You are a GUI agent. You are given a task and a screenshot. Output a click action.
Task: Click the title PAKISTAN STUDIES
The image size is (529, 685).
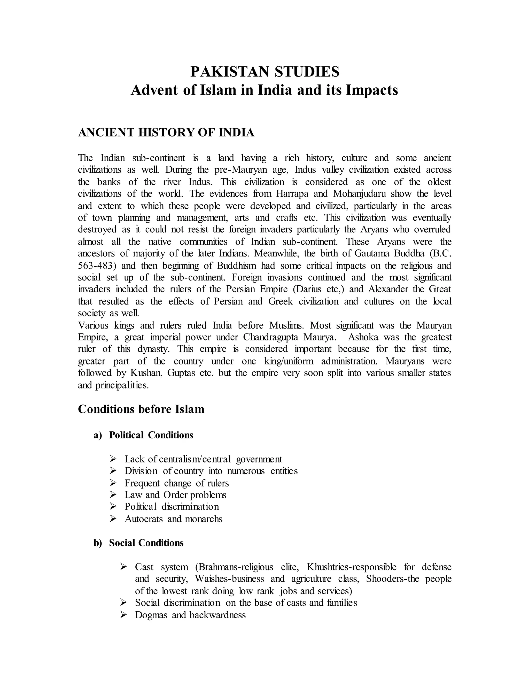point(265,72)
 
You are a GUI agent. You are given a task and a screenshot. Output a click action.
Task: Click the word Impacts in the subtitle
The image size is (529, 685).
point(372,90)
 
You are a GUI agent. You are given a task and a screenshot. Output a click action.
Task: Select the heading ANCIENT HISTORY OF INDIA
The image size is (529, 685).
point(166,133)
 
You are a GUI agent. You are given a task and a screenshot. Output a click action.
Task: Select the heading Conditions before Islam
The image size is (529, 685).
point(141,409)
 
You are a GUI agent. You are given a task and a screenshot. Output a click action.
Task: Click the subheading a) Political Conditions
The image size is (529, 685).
point(143,435)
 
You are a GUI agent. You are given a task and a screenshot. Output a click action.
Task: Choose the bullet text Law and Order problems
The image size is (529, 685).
point(175,495)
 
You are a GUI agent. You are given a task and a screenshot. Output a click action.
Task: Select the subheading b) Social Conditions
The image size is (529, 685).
point(138,543)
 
